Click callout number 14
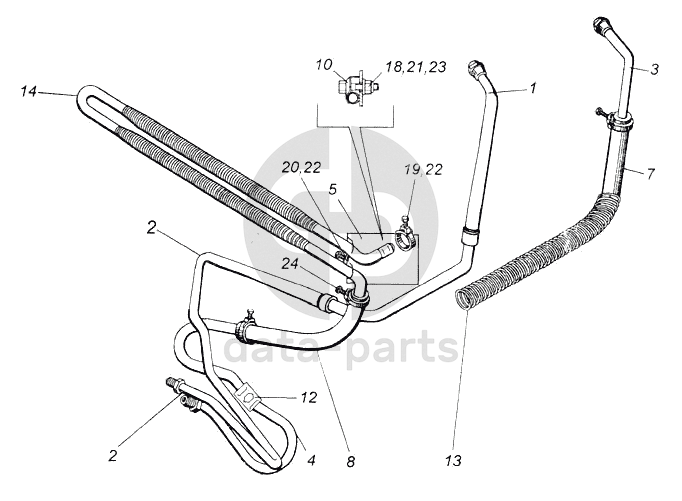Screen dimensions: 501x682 (27, 92)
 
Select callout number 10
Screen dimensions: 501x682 (324, 67)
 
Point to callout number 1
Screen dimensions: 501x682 (533, 87)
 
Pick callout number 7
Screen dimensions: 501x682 (650, 173)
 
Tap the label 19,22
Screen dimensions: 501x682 (425, 170)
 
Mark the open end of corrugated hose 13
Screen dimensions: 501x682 (464, 298)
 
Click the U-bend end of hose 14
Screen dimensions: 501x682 (82, 101)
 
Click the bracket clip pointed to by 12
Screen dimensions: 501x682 (253, 402)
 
